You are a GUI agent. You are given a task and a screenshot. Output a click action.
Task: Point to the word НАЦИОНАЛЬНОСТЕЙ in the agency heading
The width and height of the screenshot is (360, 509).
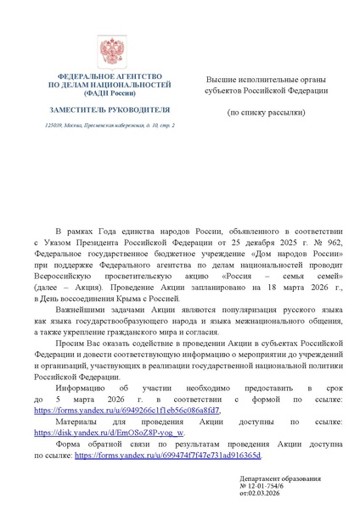click(133, 86)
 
